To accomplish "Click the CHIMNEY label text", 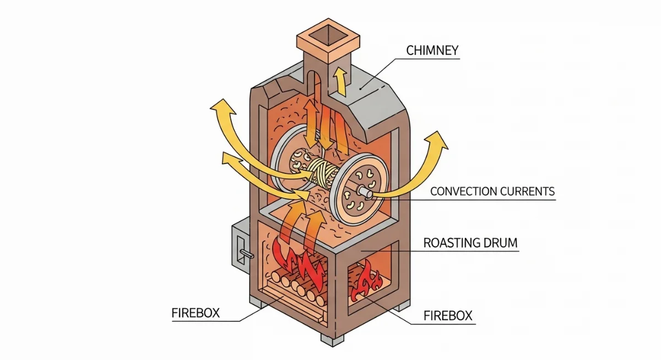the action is point(432,51).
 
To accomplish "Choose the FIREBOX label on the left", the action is point(196,313).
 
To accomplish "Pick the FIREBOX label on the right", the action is point(448,316).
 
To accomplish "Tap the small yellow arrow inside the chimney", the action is point(340,81).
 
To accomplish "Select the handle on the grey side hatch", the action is point(247,253).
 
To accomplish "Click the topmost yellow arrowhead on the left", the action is point(224,107).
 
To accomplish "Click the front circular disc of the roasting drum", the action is point(358,189).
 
